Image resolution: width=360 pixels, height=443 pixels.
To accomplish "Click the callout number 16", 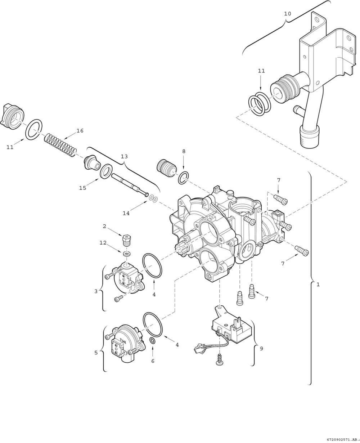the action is pyautogui.click(x=80, y=131).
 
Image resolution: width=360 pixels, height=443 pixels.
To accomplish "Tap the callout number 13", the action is pyautogui.click(x=124, y=156).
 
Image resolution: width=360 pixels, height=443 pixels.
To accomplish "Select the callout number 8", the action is pyautogui.click(x=184, y=151).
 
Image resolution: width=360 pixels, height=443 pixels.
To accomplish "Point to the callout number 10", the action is pyautogui.click(x=288, y=14).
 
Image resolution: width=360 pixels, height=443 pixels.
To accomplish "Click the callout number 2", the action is pyautogui.click(x=104, y=226).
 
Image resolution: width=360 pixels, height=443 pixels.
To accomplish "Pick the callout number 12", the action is pyautogui.click(x=103, y=243).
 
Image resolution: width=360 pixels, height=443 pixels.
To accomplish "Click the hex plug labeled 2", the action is pyautogui.click(x=126, y=240).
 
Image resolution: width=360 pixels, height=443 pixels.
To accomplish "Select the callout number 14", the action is pyautogui.click(x=126, y=213).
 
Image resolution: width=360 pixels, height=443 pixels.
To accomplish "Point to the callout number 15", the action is pyautogui.click(x=82, y=188).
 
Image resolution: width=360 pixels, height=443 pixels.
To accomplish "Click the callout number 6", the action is pyautogui.click(x=153, y=361).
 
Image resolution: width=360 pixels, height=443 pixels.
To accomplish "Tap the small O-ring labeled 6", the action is pyautogui.click(x=153, y=341).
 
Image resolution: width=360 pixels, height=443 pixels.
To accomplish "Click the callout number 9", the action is pyautogui.click(x=261, y=348).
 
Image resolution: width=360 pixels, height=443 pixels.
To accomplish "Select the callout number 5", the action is pyautogui.click(x=96, y=353).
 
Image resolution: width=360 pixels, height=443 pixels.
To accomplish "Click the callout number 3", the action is pyautogui.click(x=96, y=291).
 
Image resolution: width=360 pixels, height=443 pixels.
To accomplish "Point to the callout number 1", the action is pyautogui.click(x=318, y=285).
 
